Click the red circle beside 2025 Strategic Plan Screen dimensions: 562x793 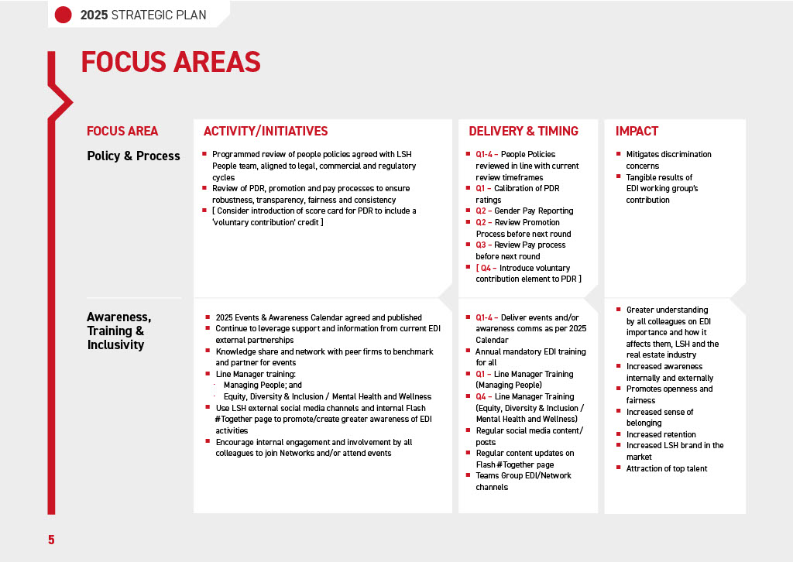(64, 14)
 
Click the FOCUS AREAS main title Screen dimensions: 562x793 (170, 62)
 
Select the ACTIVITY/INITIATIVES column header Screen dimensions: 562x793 (266, 132)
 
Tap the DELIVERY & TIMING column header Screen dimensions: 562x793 (524, 132)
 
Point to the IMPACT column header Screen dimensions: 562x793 (637, 132)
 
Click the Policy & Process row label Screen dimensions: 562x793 (133, 156)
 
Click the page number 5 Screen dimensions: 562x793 (51, 540)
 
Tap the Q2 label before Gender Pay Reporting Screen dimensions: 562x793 (483, 211)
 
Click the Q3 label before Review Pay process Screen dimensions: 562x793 (483, 245)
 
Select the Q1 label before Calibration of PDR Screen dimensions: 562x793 (483, 188)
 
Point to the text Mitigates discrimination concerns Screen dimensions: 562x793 (668, 159)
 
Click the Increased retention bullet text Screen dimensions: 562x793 (661, 434)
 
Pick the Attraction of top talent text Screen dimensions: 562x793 (666, 468)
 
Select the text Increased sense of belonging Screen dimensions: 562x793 (659, 417)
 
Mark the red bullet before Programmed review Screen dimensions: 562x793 (204, 154)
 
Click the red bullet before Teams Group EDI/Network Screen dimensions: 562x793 (468, 475)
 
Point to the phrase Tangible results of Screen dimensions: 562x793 (659, 177)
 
